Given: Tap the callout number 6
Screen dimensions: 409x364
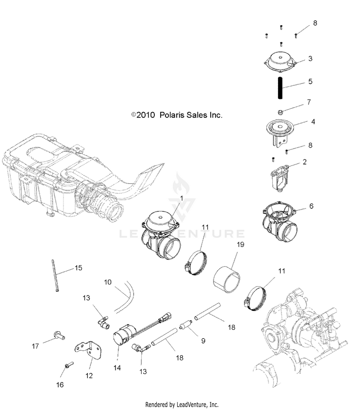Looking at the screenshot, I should tap(312, 206).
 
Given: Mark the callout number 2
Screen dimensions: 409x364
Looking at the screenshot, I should tap(305, 162).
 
